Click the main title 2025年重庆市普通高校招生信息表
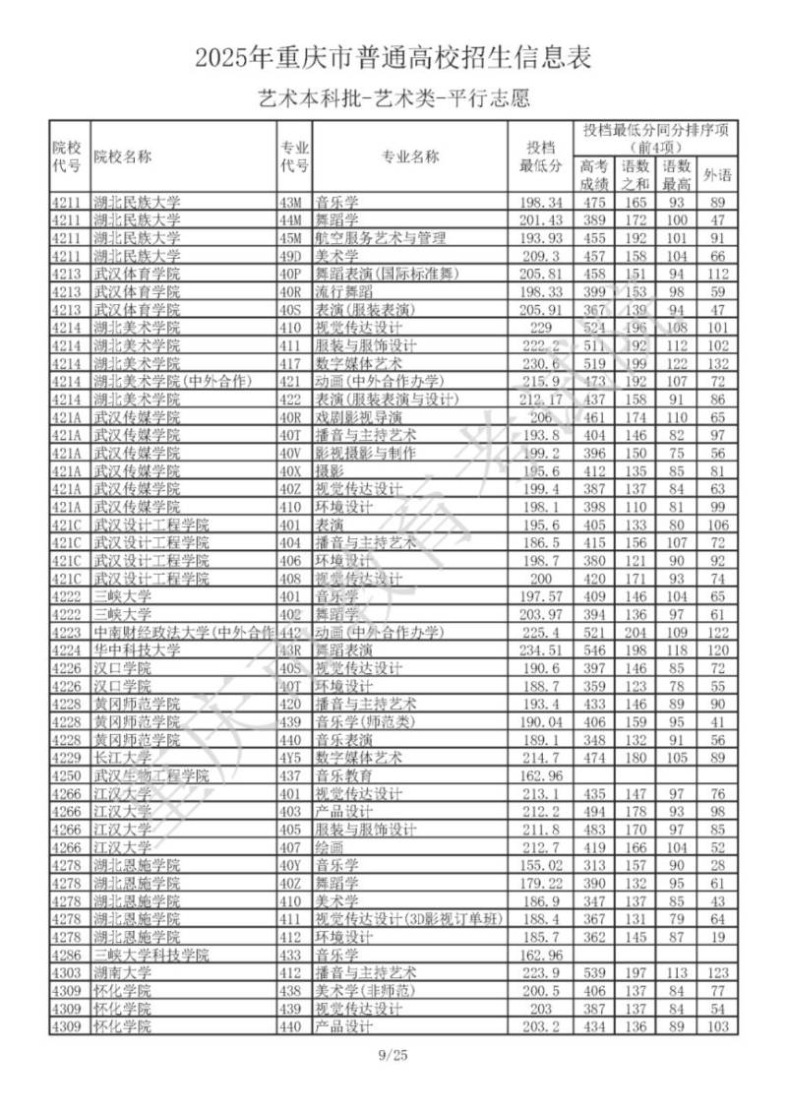[x=393, y=58]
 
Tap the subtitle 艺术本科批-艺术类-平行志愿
[x=393, y=98]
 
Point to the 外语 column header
[x=718, y=175]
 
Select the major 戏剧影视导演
[x=352, y=417]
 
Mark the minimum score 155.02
[x=540, y=865]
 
